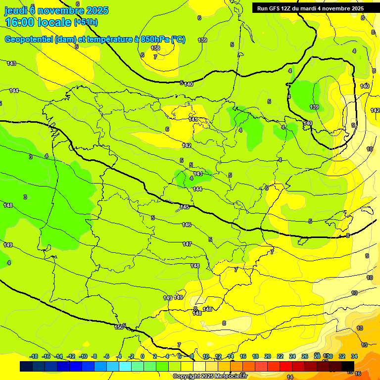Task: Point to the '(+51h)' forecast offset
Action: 86,22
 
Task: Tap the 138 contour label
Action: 155,48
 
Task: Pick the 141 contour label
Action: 193,120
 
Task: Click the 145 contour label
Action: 185,207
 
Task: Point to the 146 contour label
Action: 187,225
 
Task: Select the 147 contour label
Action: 187,244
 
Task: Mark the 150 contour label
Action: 119,327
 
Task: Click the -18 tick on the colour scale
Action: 34,356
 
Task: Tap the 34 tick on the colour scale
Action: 354,356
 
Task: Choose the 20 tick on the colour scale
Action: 268,356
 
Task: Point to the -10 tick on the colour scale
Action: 83,356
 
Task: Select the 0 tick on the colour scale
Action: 142,356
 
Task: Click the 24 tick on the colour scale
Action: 292,356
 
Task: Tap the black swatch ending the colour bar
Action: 348,366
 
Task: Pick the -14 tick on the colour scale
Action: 58,356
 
